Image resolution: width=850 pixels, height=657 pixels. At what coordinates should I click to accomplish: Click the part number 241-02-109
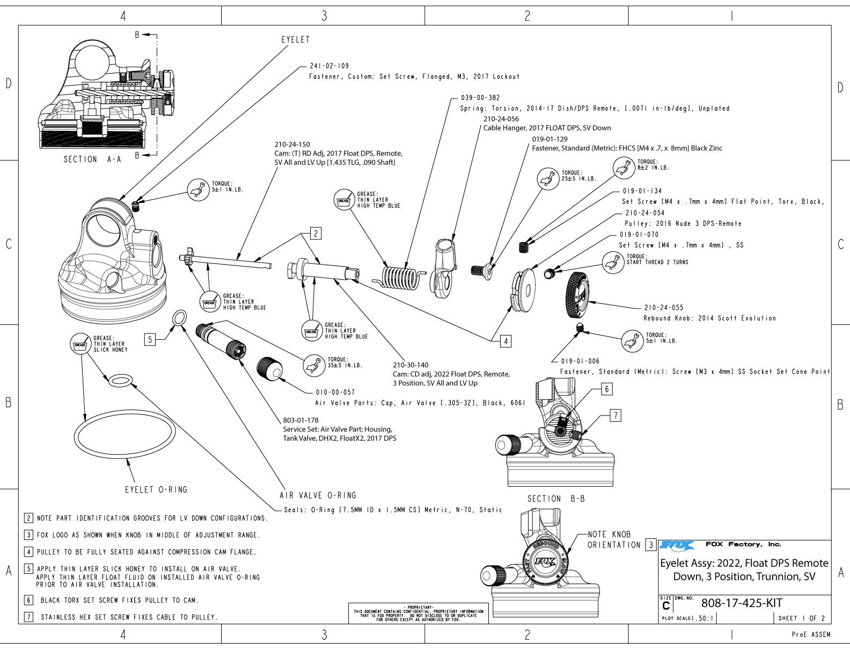329,66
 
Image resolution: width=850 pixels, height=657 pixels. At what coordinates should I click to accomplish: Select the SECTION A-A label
88,159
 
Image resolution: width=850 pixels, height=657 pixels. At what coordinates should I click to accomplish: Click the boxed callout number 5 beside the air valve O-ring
151,339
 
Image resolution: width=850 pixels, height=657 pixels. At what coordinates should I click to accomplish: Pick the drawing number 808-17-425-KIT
742,603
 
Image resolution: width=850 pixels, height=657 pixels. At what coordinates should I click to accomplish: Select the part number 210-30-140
411,365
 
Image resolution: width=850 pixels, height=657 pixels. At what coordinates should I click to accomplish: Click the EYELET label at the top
295,40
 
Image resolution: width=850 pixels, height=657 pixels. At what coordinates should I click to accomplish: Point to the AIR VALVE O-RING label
318,495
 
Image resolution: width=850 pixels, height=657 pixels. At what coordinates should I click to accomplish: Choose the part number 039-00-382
480,98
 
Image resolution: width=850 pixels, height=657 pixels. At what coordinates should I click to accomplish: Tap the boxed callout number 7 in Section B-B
615,415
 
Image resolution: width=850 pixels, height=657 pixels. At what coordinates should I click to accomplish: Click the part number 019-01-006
580,361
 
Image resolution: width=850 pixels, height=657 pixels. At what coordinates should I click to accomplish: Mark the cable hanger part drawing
444,266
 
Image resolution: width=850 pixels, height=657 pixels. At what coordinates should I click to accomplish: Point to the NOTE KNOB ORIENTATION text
614,539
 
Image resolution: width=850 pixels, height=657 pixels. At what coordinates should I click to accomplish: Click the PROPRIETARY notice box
418,613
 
